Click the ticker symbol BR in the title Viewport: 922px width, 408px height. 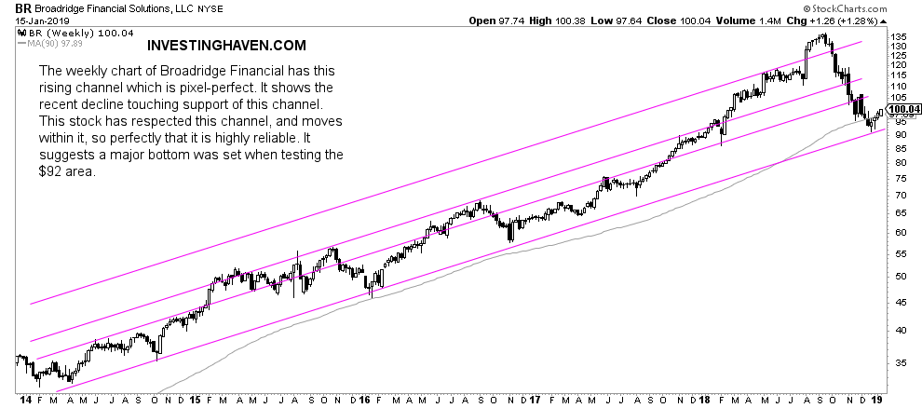[11, 7]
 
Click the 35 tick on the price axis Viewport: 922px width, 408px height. [897, 361]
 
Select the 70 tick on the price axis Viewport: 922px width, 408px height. [897, 196]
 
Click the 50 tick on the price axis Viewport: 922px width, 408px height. [897, 277]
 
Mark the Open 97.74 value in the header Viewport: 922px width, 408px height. [496, 20]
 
